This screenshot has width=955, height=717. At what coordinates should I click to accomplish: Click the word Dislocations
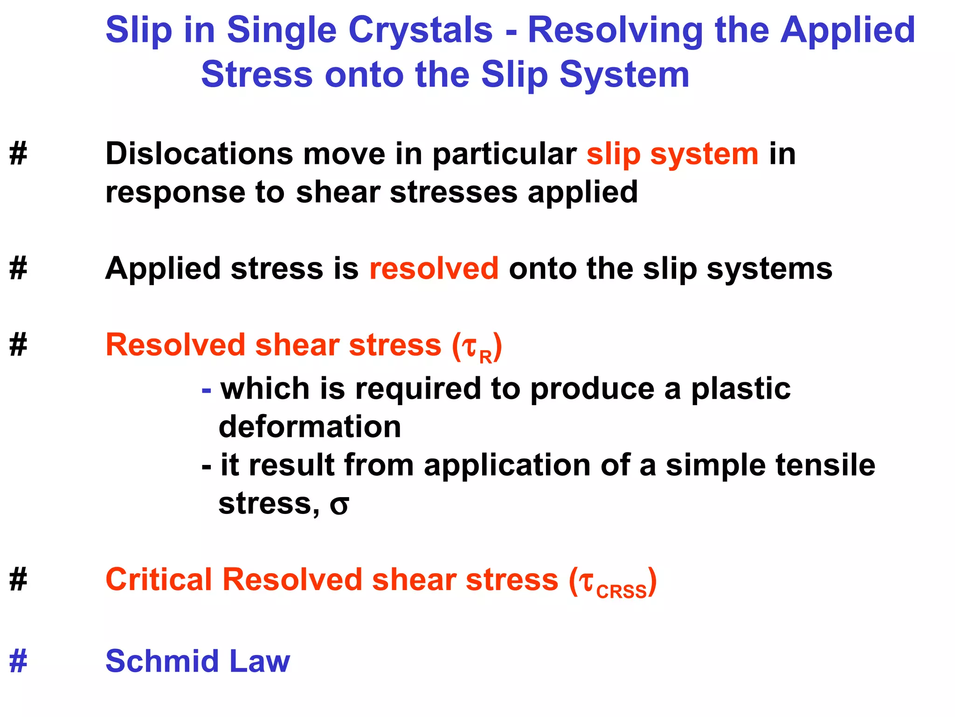pyautogui.click(x=199, y=154)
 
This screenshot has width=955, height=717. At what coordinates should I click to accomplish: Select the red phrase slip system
pyautogui.click(x=672, y=154)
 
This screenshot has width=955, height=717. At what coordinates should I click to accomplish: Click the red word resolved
pyautogui.click(x=434, y=269)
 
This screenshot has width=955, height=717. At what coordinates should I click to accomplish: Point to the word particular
pyautogui.click(x=504, y=154)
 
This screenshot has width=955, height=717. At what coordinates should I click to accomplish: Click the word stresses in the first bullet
pyautogui.click(x=453, y=192)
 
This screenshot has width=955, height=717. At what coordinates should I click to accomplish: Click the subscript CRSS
pyautogui.click(x=621, y=592)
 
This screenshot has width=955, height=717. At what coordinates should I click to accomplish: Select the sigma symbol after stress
pyautogui.click(x=339, y=505)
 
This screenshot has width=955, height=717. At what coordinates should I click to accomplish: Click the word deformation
pyautogui.click(x=310, y=427)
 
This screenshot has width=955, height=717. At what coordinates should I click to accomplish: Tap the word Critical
pyautogui.click(x=159, y=580)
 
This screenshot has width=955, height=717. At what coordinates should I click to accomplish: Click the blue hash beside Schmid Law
pyautogui.click(x=18, y=662)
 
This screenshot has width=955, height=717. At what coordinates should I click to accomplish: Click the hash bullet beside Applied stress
pyautogui.click(x=18, y=269)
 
